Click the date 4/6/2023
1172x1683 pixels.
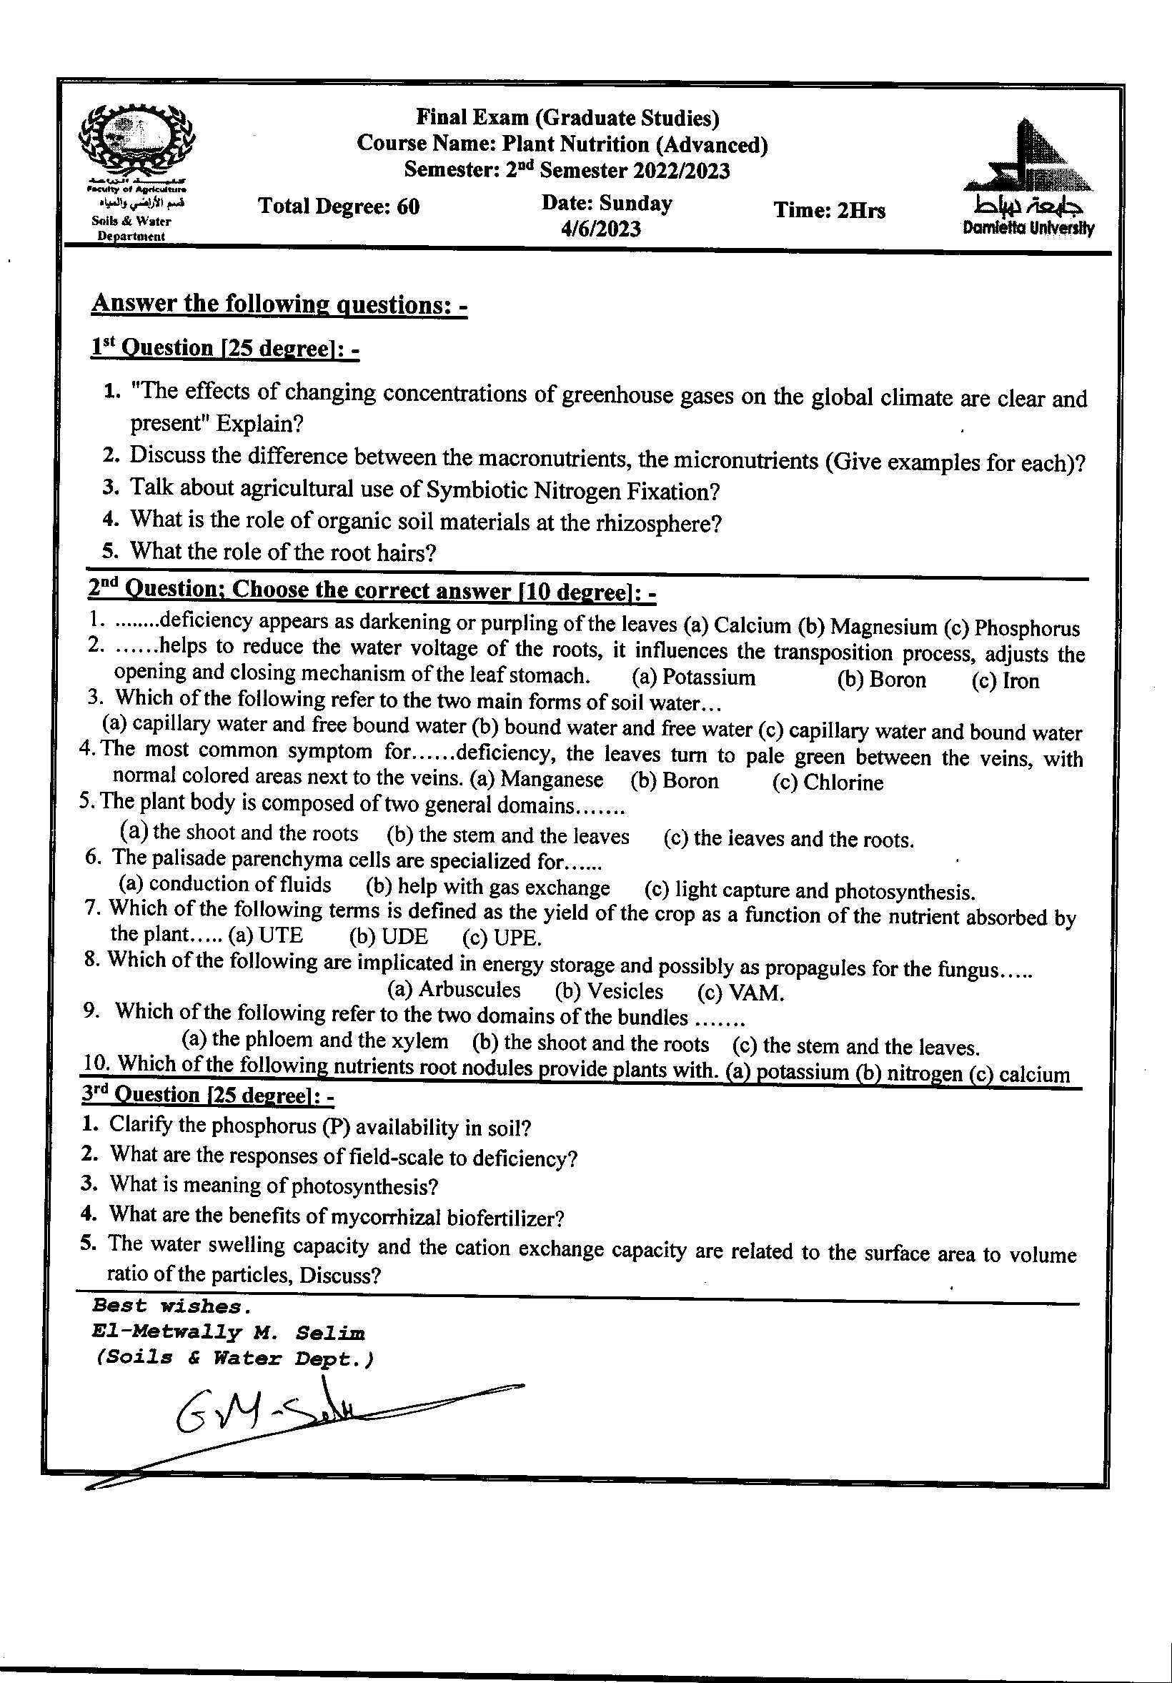(601, 230)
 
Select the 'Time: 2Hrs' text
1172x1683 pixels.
(829, 211)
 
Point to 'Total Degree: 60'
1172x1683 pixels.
(339, 207)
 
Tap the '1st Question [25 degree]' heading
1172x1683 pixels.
(224, 348)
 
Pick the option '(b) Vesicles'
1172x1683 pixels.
(608, 992)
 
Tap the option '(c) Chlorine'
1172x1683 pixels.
(828, 782)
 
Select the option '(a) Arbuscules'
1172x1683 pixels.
(453, 990)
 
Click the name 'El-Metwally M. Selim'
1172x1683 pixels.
(229, 1333)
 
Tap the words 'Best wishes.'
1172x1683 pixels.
(172, 1306)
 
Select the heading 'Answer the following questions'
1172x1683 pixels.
(279, 304)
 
